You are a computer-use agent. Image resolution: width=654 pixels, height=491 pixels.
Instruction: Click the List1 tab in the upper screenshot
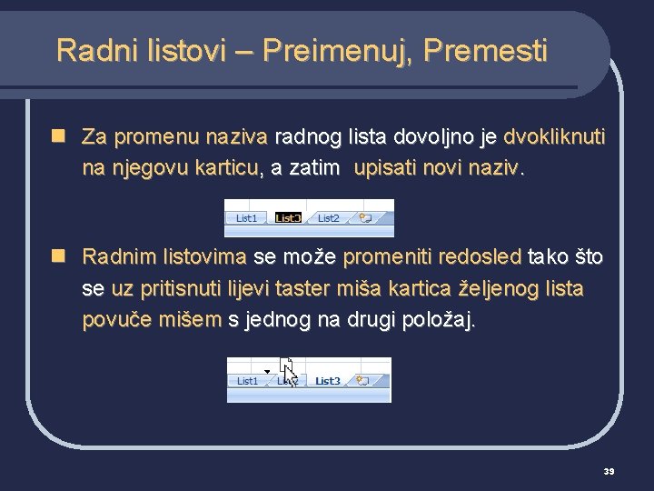click(246, 218)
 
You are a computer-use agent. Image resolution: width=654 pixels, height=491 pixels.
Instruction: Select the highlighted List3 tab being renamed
click(288, 218)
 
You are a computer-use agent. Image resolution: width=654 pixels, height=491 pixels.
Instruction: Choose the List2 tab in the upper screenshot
click(328, 218)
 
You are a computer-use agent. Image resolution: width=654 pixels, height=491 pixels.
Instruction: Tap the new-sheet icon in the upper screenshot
click(366, 218)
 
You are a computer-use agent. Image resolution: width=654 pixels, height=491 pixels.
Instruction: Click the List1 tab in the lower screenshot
click(247, 381)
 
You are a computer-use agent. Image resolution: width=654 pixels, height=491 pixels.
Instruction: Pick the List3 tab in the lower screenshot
click(328, 381)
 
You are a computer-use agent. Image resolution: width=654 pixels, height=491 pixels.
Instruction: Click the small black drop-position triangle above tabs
click(267, 370)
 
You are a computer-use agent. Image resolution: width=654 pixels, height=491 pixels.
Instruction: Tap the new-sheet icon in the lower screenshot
click(363, 381)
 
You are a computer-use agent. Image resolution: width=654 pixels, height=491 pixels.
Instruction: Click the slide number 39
click(609, 471)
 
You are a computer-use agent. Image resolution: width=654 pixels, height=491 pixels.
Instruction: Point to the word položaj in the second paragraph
click(442, 320)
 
